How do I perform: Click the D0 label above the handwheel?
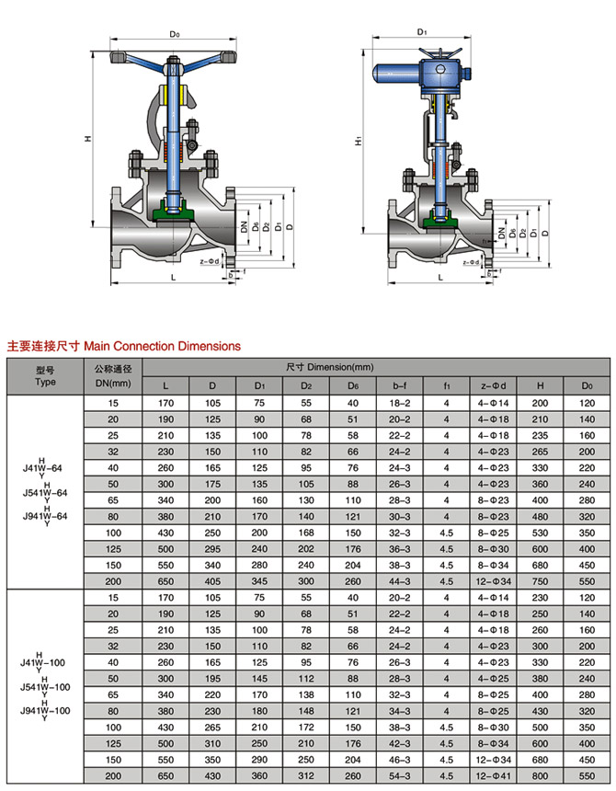tap(175, 35)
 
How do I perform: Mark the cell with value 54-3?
tap(399, 777)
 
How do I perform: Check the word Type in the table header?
tap(46, 380)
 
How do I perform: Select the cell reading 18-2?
tap(399, 403)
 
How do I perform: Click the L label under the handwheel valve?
tap(173, 274)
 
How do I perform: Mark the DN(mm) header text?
tap(113, 383)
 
